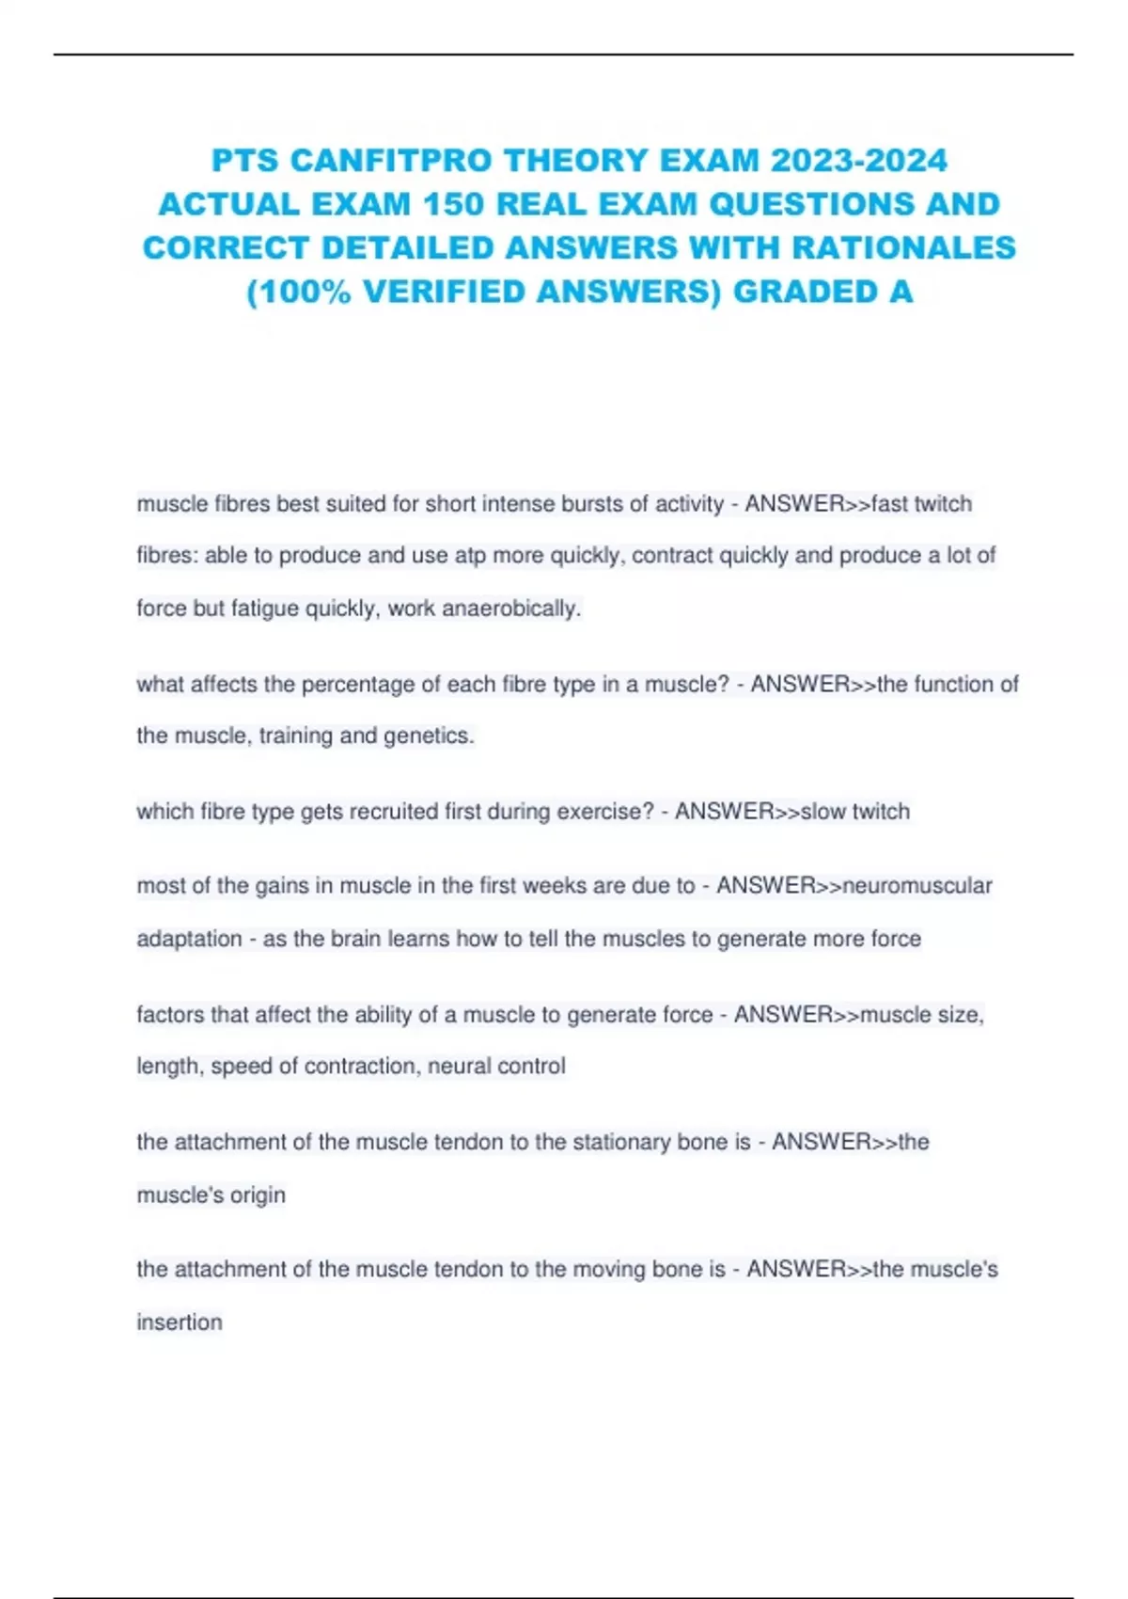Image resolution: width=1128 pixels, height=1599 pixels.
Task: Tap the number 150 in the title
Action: (454, 204)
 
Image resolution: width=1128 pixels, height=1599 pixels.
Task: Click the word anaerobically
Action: (511, 609)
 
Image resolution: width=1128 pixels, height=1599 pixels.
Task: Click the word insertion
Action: (180, 1322)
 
